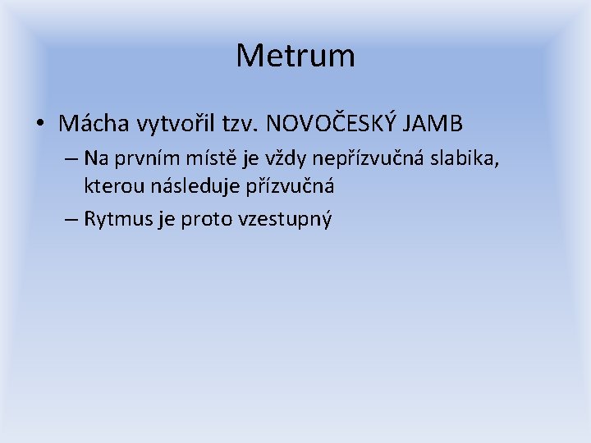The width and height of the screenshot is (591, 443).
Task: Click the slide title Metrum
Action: click(x=295, y=56)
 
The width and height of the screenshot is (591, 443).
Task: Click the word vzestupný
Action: click(x=284, y=219)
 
